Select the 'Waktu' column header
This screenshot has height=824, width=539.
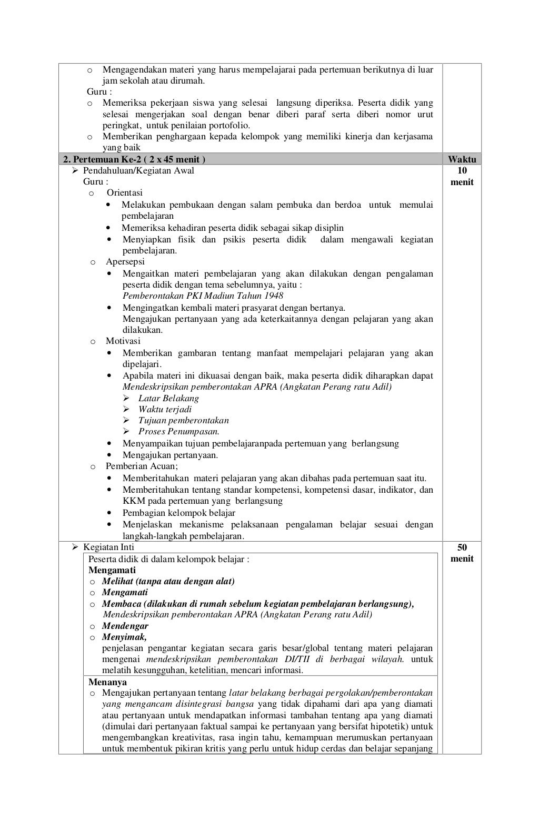pos(462,159)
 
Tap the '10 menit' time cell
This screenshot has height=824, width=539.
pos(462,176)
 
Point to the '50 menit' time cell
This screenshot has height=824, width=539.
pos(462,553)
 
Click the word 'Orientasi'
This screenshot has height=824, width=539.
pos(125,192)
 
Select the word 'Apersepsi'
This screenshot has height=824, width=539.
pos(125,261)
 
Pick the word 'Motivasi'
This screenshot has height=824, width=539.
pos(123,341)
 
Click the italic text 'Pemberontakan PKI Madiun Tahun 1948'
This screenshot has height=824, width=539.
pos(203,296)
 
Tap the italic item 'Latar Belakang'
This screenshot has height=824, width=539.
pos(168,398)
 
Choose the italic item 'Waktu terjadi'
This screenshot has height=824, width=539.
pos(165,409)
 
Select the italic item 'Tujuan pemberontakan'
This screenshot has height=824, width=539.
pos(183,420)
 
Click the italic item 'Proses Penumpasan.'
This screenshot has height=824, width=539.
pos(179,431)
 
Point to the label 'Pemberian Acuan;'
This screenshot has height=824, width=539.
pos(142,466)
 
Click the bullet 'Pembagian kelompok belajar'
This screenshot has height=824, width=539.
pos(179,513)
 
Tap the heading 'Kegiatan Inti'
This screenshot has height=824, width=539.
pos(108,547)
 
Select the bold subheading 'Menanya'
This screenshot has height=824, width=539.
pos(107,682)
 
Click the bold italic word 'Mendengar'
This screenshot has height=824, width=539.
pos(125,626)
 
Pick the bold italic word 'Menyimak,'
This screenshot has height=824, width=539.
pos(124,637)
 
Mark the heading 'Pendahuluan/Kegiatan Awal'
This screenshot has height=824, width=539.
pos(138,170)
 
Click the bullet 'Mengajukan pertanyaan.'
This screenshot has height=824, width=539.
pos(170,455)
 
